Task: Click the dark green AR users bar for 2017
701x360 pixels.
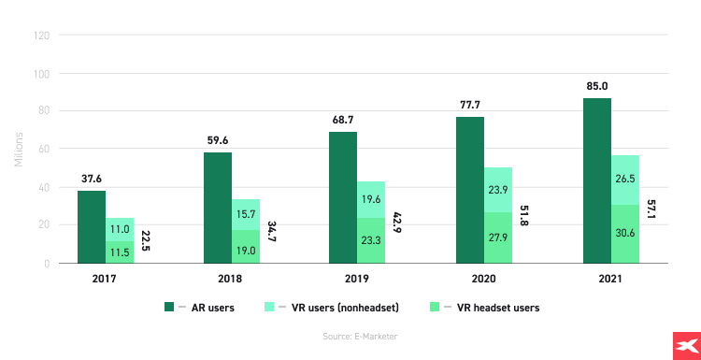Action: [91, 226]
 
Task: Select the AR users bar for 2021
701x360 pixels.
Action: [597, 180]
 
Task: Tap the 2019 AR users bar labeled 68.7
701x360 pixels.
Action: [343, 197]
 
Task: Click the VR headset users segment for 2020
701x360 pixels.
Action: [498, 238]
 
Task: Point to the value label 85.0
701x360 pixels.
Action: [596, 87]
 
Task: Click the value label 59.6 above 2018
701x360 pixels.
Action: [219, 141]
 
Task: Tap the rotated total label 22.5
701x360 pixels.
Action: [146, 241]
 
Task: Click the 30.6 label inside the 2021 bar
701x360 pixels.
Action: [625, 238]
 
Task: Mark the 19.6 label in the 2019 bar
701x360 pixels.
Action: [371, 199]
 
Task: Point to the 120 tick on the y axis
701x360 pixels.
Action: [41, 36]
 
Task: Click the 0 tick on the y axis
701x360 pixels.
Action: [46, 264]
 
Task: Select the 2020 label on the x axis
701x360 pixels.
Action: [484, 279]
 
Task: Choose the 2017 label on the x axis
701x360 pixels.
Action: [105, 279]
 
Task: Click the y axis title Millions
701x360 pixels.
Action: [18, 150]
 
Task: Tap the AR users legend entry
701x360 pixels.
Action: [201, 307]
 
